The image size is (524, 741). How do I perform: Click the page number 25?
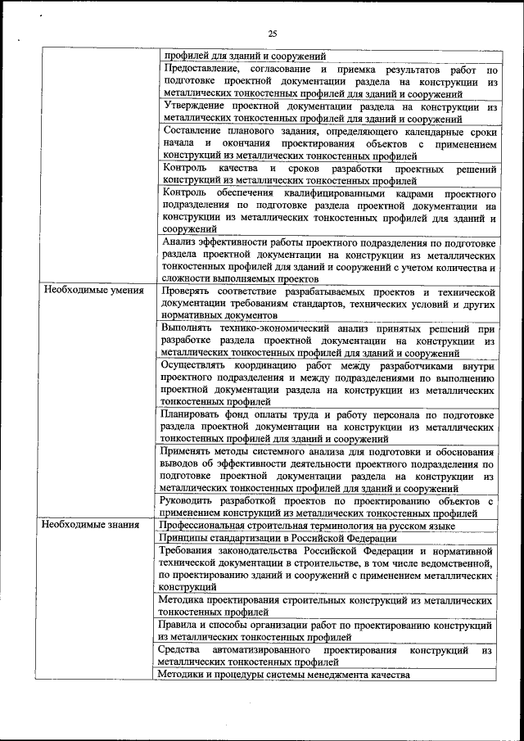pos(273,33)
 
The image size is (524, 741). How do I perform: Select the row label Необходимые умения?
pos(94,291)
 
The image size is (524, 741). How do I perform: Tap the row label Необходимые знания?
pos(92,525)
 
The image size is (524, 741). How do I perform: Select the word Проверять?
pos(189,291)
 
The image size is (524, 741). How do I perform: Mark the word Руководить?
pos(193,500)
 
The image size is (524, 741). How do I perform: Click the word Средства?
pos(183,650)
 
